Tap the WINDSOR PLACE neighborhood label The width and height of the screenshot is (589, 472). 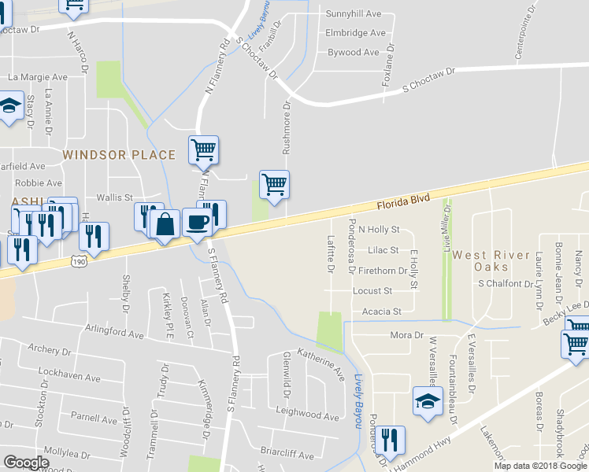(119, 155)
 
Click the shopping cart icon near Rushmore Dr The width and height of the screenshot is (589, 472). (274, 185)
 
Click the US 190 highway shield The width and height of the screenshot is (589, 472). (78, 261)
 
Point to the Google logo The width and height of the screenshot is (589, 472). (26, 463)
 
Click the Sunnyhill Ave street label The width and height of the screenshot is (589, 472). (354, 14)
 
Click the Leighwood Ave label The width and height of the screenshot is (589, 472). (307, 414)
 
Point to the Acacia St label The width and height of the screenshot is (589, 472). (382, 312)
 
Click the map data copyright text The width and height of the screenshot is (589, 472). (540, 466)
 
